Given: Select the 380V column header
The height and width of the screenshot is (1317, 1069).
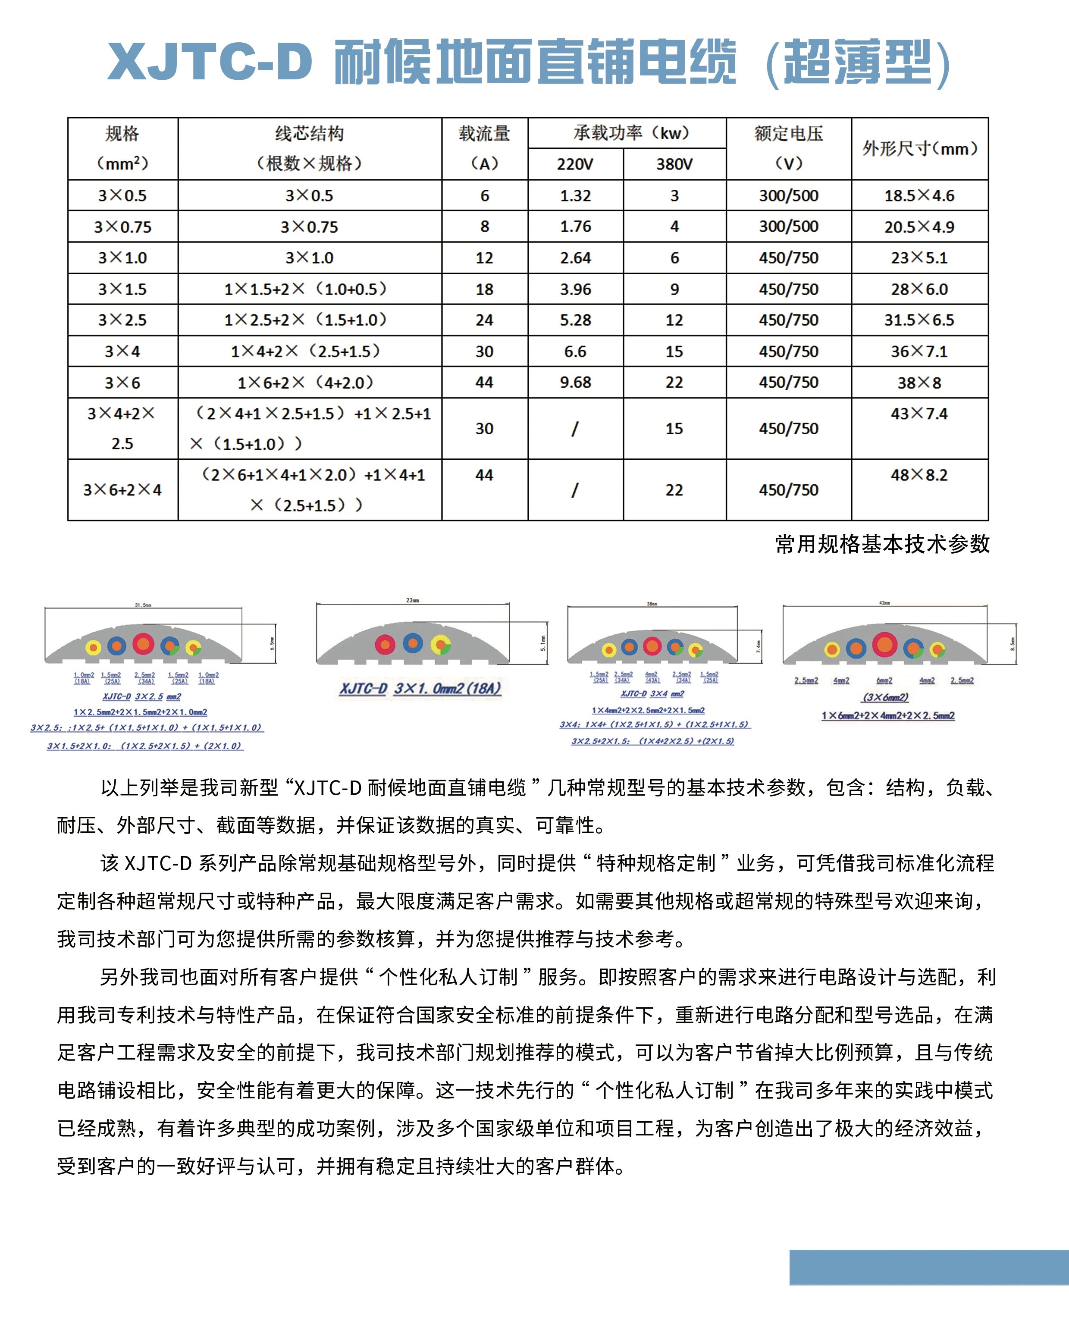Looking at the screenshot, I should click(674, 164).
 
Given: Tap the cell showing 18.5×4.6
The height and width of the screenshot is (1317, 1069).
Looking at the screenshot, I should click(919, 196).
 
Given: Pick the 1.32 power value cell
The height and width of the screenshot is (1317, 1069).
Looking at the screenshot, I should click(575, 196).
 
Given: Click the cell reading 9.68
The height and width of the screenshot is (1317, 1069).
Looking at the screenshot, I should click(575, 383).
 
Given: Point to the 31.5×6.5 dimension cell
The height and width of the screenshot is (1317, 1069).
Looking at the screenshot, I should click(919, 320).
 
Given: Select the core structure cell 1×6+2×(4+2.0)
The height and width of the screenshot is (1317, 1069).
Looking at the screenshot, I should click(309, 383).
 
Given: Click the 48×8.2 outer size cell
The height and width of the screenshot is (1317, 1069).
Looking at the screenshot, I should click(919, 475).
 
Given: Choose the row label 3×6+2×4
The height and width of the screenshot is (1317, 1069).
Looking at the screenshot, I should click(122, 490).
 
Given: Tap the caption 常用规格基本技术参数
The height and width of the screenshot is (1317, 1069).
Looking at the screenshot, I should click(882, 544).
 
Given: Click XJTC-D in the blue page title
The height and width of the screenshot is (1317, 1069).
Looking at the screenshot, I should click(210, 62).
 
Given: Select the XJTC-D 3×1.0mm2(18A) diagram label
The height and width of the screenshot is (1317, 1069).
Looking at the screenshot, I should click(420, 688).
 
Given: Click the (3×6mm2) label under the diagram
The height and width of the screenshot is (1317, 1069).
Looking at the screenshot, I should click(885, 697).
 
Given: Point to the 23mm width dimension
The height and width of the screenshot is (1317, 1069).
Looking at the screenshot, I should click(413, 600).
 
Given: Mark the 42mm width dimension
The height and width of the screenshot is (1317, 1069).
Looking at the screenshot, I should click(884, 603).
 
